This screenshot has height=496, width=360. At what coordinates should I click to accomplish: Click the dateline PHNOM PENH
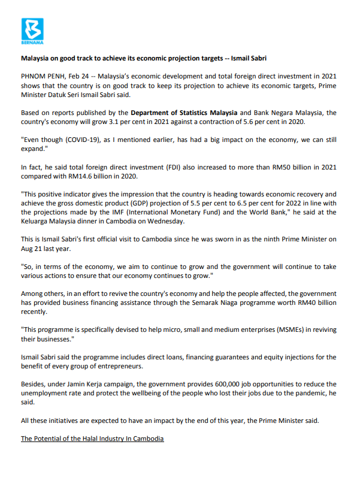pos(43,77)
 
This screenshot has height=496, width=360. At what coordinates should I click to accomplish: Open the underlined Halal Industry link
pos(92,438)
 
